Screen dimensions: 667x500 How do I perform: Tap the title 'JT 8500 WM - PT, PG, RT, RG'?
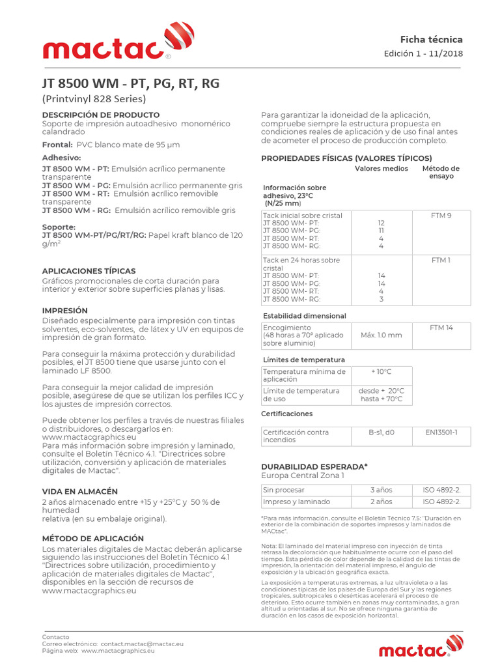click(130, 84)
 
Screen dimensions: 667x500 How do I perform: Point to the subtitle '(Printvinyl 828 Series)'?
click(94, 99)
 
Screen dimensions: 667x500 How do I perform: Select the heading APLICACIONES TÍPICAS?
click(89, 270)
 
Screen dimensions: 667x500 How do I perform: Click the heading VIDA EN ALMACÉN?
click(79, 491)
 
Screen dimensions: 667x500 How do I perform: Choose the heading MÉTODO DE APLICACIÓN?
click(92, 539)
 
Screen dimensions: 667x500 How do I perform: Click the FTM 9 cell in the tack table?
click(441, 216)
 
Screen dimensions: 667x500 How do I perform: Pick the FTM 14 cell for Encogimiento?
click(441, 328)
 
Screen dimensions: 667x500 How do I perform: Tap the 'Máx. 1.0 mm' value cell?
click(381, 335)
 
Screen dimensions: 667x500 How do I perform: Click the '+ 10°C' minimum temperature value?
click(381, 371)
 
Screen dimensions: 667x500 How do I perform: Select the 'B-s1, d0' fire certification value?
click(381, 432)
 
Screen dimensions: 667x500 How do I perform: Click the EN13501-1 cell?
click(441, 432)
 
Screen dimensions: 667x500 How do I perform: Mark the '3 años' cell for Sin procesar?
click(381, 490)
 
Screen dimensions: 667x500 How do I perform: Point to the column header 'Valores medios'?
click(381, 169)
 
